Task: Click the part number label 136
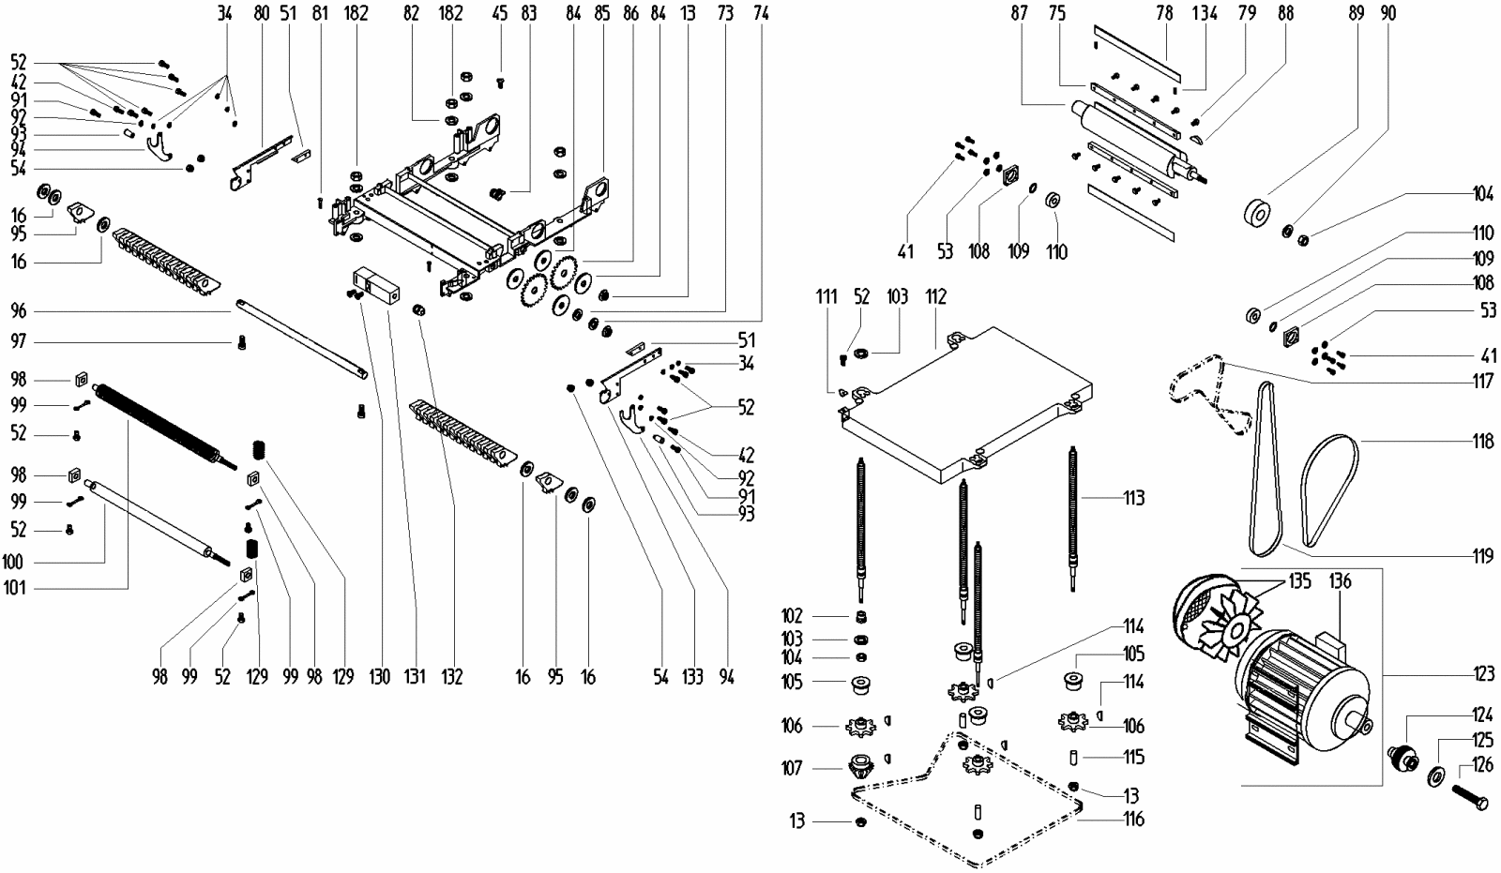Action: pos(1340,581)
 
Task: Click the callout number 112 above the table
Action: pos(936,296)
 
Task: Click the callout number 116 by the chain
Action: pos(1134,820)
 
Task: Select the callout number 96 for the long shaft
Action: pos(19,311)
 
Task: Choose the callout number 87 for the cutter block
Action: pos(1020,13)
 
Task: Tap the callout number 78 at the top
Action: pos(1164,13)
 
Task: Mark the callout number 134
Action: pos(1205,13)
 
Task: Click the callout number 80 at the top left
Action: pos(261,13)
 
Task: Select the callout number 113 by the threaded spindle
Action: pos(1133,498)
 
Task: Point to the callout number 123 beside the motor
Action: pos(1483,672)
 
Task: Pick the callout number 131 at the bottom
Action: pos(415,675)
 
